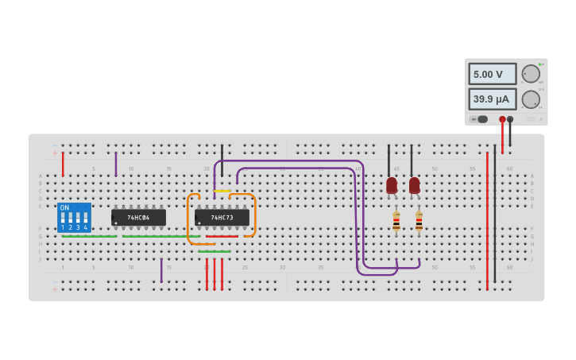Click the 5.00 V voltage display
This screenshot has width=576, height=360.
click(x=492, y=74)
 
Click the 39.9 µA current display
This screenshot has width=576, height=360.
click(x=492, y=99)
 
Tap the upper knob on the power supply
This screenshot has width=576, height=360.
click(x=530, y=74)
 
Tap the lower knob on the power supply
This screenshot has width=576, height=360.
click(x=530, y=99)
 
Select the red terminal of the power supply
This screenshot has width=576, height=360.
click(x=502, y=119)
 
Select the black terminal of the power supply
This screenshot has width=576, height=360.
click(x=510, y=119)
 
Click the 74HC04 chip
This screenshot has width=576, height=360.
click(x=138, y=217)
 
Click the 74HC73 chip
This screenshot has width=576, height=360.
click(x=222, y=217)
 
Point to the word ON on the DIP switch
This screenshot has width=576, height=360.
click(x=64, y=207)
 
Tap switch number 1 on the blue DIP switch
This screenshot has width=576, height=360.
click(x=63, y=218)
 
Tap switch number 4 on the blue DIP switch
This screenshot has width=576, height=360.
click(x=86, y=218)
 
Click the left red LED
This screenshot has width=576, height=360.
click(x=392, y=185)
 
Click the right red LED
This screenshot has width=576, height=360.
click(x=414, y=185)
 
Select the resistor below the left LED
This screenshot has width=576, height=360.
click(x=396, y=220)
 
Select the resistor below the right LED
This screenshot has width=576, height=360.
click(x=419, y=220)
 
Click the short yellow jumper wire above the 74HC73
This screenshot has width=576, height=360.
click(x=222, y=191)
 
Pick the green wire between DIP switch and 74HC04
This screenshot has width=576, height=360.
click(x=89, y=236)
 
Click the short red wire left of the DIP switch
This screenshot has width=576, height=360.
click(x=63, y=163)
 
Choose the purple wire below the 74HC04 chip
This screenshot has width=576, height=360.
click(x=161, y=270)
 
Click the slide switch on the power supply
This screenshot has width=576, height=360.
click(x=481, y=119)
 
